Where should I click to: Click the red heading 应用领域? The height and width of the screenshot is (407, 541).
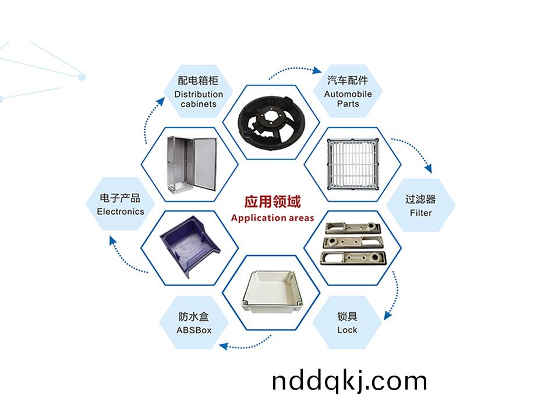[x=272, y=202]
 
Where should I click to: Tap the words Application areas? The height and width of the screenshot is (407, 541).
[x=272, y=219]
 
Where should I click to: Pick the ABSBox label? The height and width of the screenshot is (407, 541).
[x=194, y=323]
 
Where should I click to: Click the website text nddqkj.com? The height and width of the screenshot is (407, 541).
[x=349, y=381]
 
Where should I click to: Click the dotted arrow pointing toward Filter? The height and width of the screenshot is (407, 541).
[x=413, y=152]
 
